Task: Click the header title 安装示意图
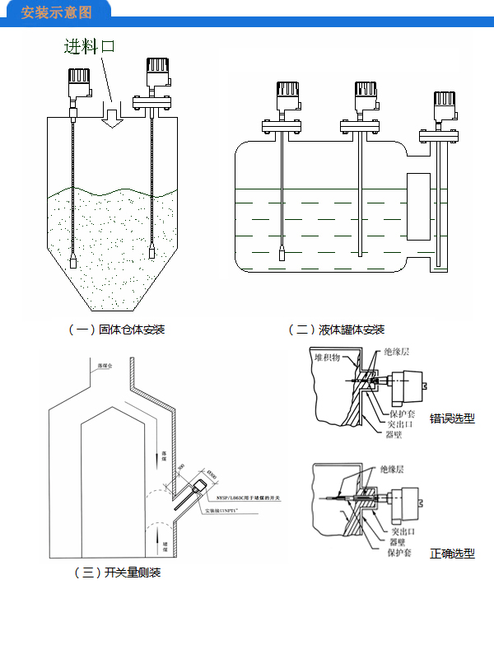coord(55,12)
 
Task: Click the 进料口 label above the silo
coord(91,46)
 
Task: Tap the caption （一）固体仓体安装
coord(116,329)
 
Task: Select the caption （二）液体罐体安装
coord(335,329)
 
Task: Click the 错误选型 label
coord(452,418)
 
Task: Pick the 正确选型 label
coord(452,554)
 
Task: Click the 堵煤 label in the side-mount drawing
coord(165,544)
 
